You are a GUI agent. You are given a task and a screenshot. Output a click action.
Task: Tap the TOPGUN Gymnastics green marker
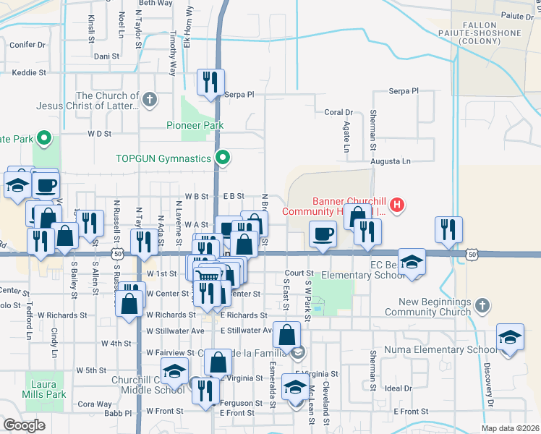(x=224, y=157)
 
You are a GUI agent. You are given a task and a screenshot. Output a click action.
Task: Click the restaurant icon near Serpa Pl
(x=210, y=81)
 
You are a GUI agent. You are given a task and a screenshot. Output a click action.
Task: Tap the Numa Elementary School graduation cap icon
(x=509, y=336)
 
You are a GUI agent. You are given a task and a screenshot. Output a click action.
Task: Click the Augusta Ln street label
(x=391, y=161)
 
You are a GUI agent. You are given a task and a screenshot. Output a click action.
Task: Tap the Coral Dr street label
(x=338, y=112)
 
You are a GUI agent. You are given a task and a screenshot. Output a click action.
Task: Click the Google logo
(x=24, y=425)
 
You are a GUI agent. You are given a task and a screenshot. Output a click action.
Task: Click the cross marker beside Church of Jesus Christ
(x=150, y=100)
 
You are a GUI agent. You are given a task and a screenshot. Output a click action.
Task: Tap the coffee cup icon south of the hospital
(x=322, y=234)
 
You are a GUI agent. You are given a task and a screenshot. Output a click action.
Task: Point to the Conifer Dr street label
(x=28, y=45)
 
